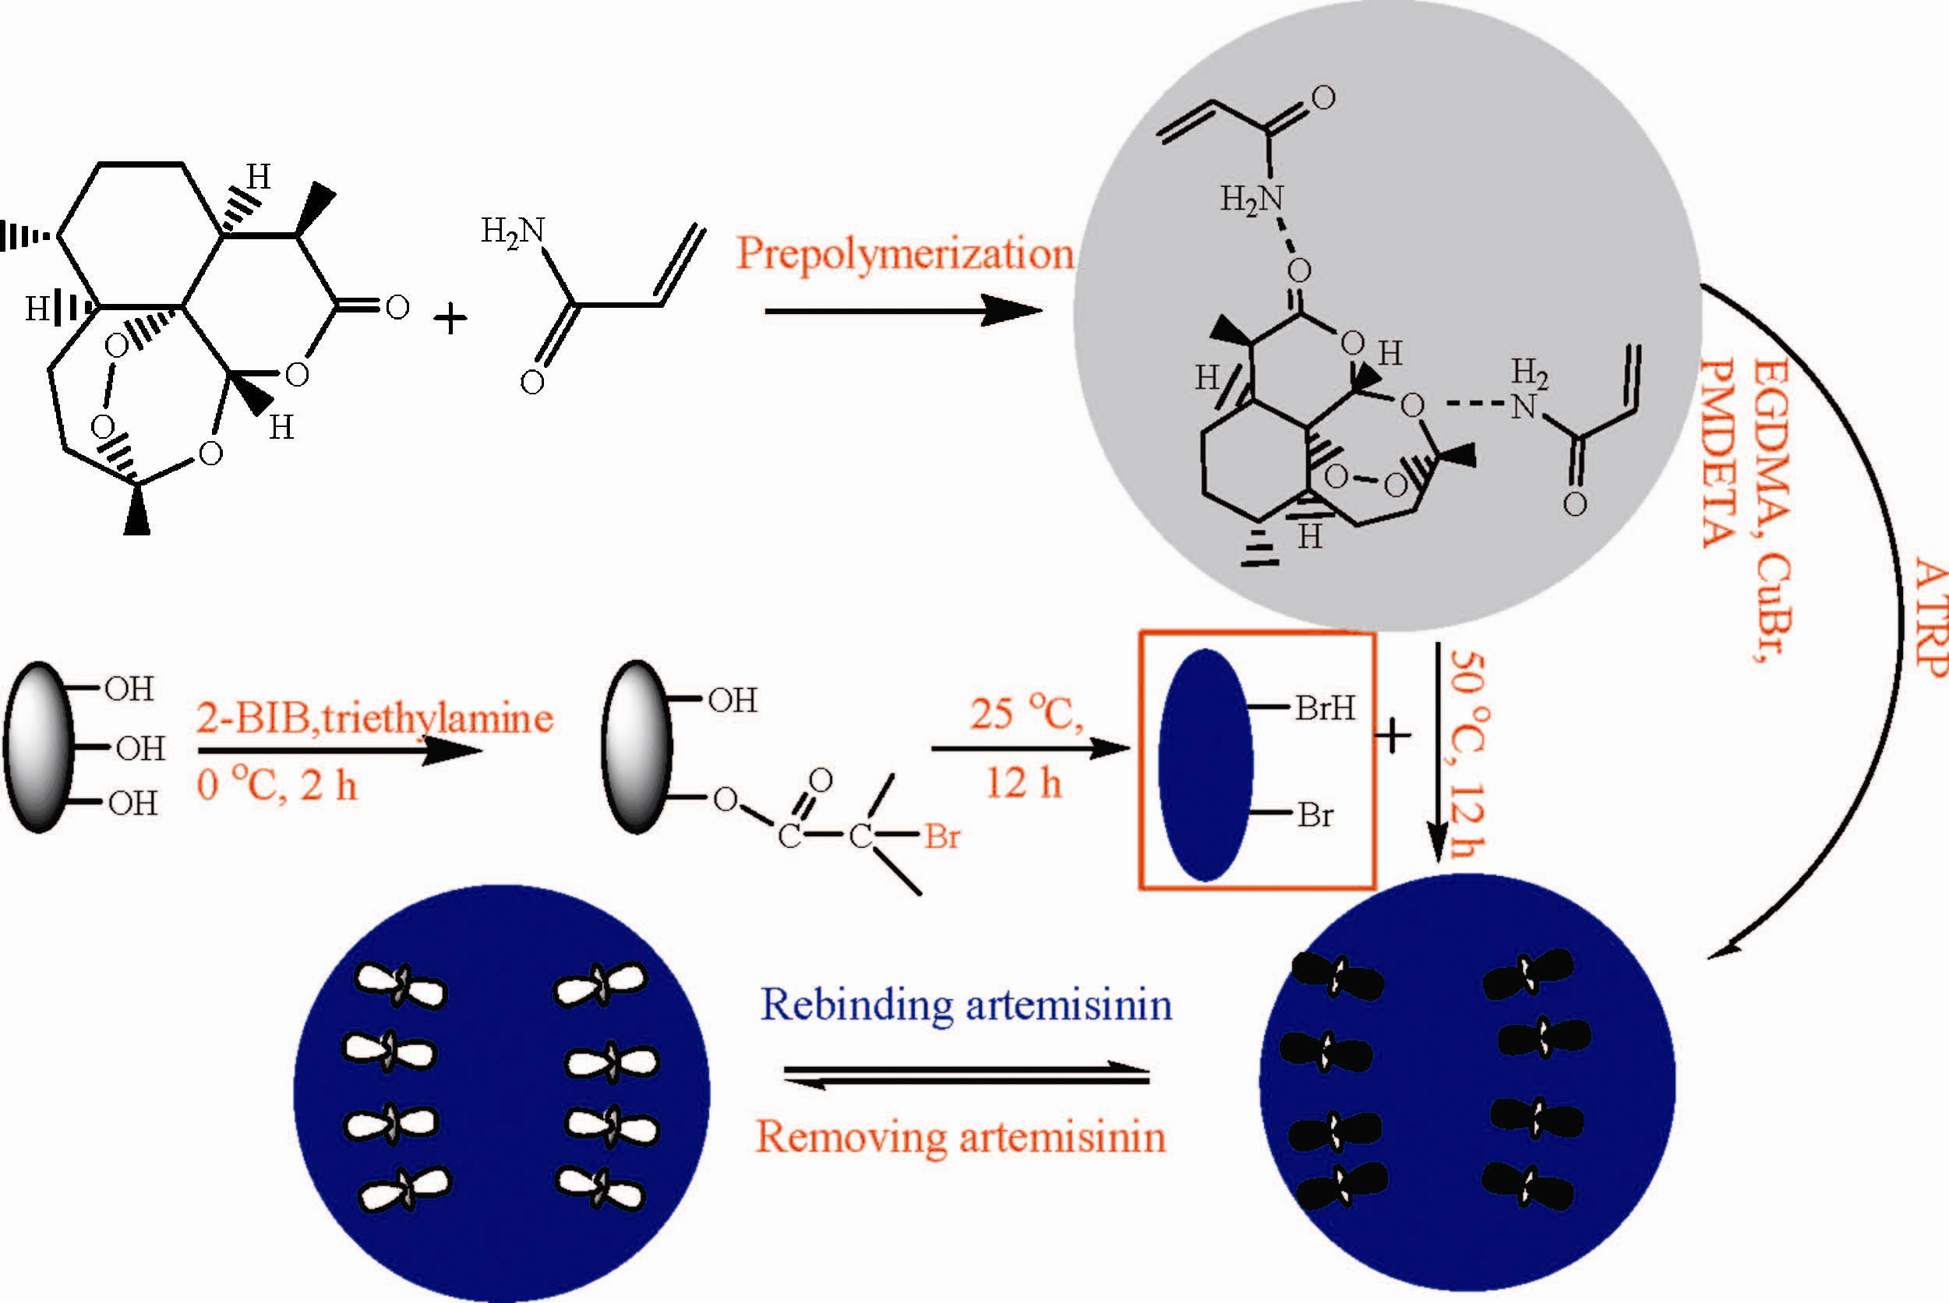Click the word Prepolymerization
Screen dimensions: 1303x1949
point(904,253)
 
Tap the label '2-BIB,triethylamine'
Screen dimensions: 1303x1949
point(375,718)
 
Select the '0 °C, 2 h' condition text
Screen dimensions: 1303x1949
point(277,786)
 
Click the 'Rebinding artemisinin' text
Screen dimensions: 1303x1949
point(966,1005)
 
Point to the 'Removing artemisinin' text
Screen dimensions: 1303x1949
point(960,1137)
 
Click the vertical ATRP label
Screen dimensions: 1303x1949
point(1929,619)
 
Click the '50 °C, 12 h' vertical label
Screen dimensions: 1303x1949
point(1467,753)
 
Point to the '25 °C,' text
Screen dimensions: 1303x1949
point(1027,713)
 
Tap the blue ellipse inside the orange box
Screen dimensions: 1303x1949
point(1206,764)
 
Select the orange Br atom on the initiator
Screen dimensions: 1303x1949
point(942,836)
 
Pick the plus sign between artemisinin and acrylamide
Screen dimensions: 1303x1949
point(450,319)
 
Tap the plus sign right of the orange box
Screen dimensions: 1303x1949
point(1393,736)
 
